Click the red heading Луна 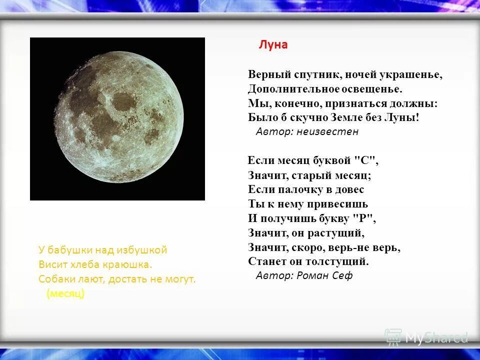coord(273,44)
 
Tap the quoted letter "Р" coord(364,218)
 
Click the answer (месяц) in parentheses coord(65,294)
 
